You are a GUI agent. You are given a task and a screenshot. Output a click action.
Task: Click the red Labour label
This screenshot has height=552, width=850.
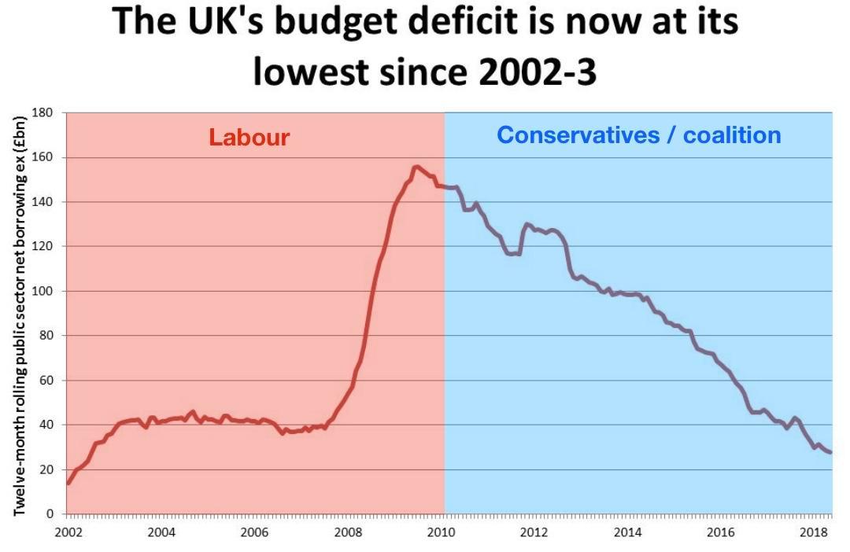249,138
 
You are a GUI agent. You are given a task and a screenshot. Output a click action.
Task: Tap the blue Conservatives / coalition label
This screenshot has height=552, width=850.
638,135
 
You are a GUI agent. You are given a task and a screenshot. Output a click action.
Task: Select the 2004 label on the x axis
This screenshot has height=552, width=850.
161,532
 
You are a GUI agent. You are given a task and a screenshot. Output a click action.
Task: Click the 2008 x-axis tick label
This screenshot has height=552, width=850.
348,532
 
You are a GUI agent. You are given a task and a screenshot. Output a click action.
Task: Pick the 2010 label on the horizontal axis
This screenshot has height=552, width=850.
442,532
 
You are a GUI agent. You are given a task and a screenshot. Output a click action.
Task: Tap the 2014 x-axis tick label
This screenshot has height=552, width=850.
628,532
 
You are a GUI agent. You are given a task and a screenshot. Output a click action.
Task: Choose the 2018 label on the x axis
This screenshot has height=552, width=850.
814,532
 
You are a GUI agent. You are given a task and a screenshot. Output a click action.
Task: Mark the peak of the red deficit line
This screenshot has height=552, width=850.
416,167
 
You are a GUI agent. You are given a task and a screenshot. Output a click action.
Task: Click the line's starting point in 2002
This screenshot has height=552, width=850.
68,483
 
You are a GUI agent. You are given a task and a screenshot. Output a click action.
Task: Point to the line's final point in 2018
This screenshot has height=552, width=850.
830,452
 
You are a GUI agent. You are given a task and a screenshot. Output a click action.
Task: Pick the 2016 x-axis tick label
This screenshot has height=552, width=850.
721,532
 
